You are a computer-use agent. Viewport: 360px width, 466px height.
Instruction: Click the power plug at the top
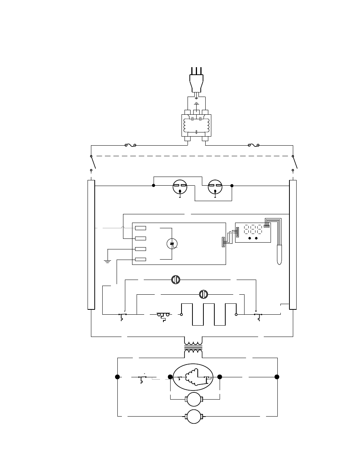196,81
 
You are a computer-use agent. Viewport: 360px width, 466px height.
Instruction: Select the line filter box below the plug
196,126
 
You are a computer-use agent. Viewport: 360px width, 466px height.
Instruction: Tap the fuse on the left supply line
130,145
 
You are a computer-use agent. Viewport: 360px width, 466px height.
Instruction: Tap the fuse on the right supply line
253,145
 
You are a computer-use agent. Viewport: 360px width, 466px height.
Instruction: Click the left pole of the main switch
93,163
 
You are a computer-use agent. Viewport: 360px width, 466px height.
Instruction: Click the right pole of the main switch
295,163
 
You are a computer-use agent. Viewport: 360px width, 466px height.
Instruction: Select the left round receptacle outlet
180,186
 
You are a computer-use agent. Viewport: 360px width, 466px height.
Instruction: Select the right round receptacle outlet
215,186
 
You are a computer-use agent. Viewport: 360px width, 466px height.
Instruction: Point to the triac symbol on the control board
172,244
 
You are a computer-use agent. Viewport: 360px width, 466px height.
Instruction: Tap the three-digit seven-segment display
253,229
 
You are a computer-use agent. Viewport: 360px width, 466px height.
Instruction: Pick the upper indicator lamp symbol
175,280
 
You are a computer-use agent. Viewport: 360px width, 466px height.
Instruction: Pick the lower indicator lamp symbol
203,294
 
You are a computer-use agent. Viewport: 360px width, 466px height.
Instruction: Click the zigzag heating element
209,314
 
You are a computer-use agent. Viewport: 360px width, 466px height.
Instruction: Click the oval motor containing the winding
193,377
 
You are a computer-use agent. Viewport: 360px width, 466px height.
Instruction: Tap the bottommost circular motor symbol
194,416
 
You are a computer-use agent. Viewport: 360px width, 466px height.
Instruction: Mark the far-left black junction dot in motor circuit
117,377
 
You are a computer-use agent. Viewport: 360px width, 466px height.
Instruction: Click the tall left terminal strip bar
91,245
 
